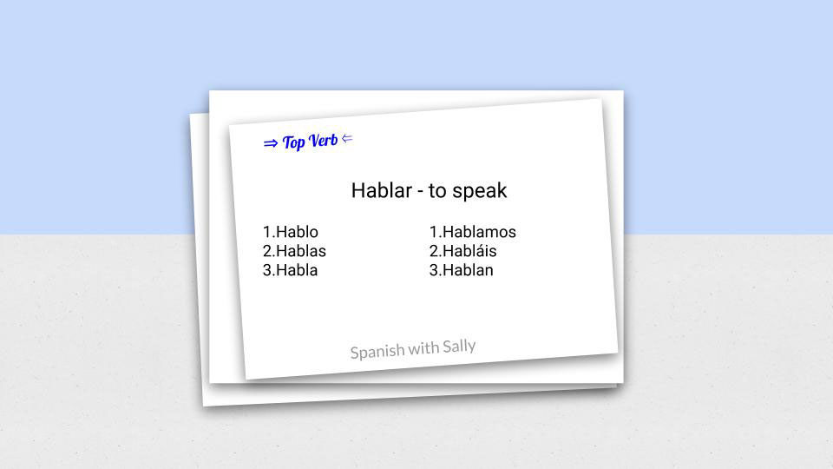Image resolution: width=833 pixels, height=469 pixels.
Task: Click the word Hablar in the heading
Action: point(382,190)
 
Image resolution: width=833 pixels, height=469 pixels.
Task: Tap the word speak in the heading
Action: point(479,192)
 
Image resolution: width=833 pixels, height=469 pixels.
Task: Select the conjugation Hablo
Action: point(297,232)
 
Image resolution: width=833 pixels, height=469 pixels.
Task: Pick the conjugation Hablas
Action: point(301,251)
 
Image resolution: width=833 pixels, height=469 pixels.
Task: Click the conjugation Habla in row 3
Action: point(297,270)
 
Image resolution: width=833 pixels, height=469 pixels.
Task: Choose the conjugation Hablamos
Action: point(479,232)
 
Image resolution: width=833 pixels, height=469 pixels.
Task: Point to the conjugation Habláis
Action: point(469,251)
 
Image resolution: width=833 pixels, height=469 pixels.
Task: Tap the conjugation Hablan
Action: point(468,270)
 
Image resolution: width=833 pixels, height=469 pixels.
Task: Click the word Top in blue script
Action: point(294,142)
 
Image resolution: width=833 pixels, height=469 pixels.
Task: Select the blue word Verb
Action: point(323,141)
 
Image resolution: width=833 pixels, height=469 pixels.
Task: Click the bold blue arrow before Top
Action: point(271,143)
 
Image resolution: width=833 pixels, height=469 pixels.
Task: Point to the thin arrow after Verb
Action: point(347,138)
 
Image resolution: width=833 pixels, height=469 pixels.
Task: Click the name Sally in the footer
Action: point(459,347)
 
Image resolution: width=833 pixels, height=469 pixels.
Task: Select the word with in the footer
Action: point(423,349)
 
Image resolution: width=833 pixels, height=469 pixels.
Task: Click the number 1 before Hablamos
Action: point(434,232)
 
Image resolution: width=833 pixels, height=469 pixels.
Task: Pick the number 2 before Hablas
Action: point(267,251)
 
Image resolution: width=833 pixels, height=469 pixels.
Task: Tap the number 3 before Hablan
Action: point(434,270)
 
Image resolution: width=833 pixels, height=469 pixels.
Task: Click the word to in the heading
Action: point(437,191)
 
